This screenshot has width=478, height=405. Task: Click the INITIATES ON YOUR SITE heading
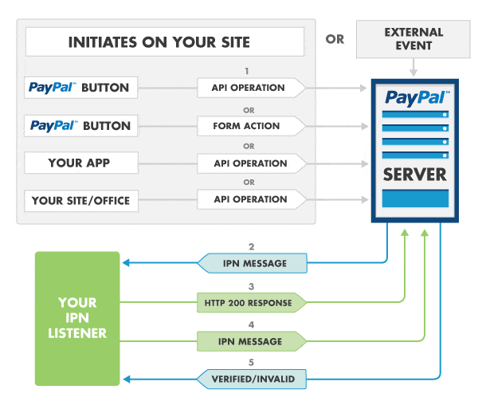pyautogui.click(x=165, y=42)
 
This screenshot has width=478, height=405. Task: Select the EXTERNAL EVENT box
pyautogui.click(x=413, y=39)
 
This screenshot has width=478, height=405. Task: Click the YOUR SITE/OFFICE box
pyautogui.click(x=82, y=201)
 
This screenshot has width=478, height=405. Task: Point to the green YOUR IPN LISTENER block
pyautogui.click(x=77, y=319)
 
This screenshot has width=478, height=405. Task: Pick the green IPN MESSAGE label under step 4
pyautogui.click(x=250, y=341)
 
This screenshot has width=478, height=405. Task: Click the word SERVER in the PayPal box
pyautogui.click(x=414, y=174)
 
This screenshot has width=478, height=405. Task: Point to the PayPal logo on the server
pyautogui.click(x=414, y=98)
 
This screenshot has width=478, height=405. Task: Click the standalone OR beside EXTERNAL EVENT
pyautogui.click(x=335, y=38)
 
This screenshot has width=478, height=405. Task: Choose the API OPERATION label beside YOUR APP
pyautogui.click(x=249, y=163)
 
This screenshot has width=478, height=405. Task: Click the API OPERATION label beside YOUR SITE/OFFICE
pyautogui.click(x=249, y=199)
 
